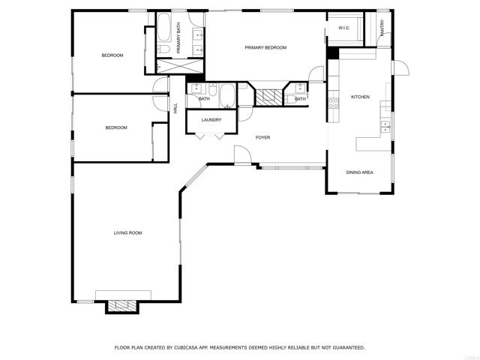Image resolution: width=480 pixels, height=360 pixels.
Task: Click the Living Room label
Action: (x=127, y=233)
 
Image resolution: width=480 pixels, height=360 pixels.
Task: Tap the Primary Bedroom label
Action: (x=265, y=47)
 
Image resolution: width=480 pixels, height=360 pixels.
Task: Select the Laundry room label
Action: (x=211, y=120)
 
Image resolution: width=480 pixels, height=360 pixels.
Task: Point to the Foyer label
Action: (x=262, y=137)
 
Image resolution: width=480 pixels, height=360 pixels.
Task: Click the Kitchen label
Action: (x=360, y=97)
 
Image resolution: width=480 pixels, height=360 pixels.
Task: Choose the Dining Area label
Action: (x=359, y=172)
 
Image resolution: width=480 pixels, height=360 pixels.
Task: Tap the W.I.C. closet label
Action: (x=344, y=28)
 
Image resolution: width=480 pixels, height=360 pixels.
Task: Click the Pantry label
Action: (x=382, y=28)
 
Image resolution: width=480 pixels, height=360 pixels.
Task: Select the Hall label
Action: (x=175, y=108)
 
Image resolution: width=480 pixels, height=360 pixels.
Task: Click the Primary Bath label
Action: (x=178, y=37)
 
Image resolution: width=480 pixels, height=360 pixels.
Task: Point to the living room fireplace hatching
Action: (x=122, y=306)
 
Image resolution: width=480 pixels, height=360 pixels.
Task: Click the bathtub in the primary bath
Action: (x=164, y=27)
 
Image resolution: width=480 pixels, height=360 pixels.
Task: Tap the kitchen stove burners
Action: (x=334, y=103)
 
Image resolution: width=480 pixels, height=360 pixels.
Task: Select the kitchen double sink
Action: (x=385, y=127)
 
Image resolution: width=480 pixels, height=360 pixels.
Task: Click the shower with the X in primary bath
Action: (x=180, y=66)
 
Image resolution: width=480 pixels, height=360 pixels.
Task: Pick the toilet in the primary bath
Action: (x=163, y=49)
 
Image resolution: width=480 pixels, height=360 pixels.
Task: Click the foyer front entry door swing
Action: (x=243, y=154)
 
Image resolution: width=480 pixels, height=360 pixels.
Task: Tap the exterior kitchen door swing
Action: (x=400, y=67)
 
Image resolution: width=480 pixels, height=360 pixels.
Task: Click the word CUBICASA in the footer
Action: (x=186, y=347)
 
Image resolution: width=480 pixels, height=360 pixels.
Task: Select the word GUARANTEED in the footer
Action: (x=349, y=347)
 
